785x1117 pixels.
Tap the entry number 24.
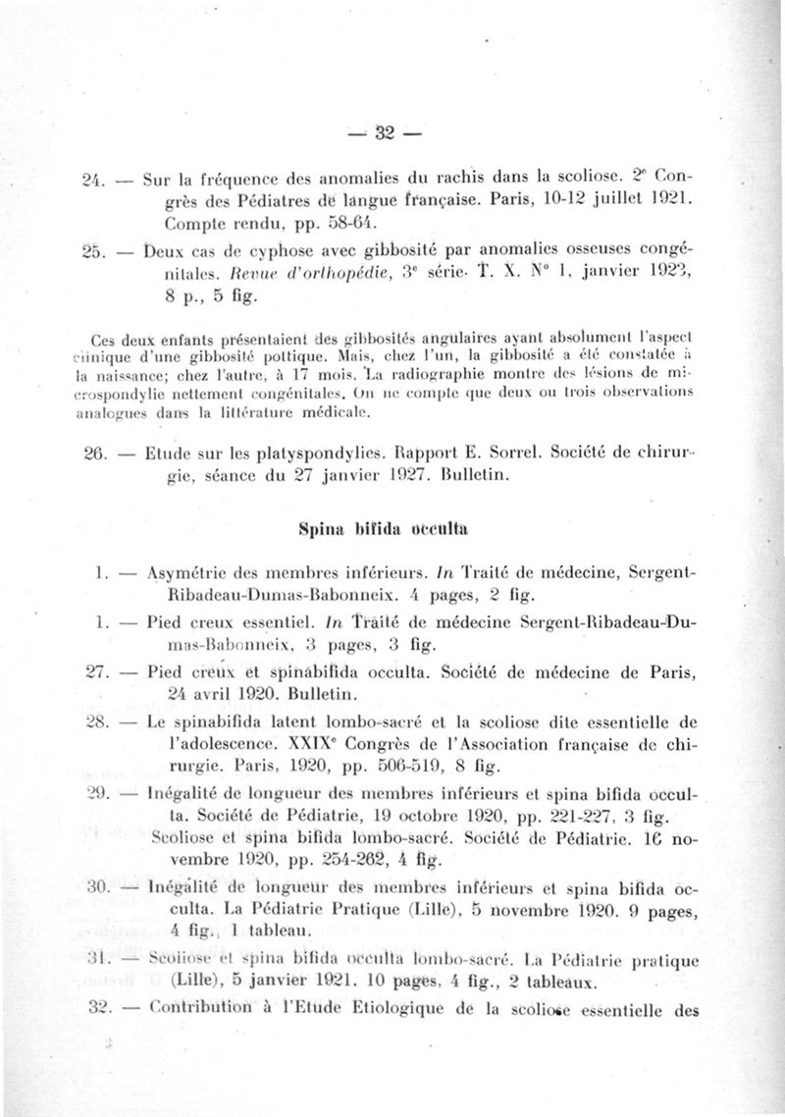coord(91,180)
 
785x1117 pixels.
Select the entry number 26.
coord(91,455)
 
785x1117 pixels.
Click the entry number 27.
coord(91,673)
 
